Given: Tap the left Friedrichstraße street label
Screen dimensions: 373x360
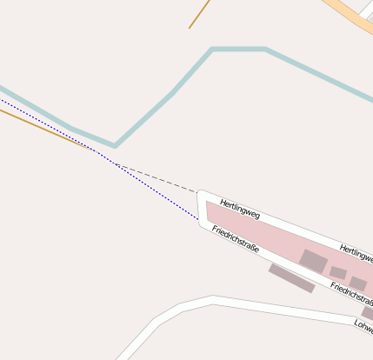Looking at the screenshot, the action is [235, 238].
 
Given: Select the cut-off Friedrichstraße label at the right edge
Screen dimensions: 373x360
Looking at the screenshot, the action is [350, 291].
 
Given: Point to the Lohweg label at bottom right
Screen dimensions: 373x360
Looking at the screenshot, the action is [363, 325].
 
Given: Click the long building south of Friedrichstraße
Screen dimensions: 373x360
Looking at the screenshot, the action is [291, 278].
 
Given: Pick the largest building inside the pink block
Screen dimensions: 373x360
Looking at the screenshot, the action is [313, 261].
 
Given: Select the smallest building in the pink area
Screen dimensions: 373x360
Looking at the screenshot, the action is [338, 273].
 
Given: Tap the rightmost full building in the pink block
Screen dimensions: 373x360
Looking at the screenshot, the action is [358, 283].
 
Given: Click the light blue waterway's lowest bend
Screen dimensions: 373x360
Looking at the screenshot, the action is [114, 145].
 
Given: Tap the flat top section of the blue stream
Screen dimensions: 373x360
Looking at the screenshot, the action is [238, 50].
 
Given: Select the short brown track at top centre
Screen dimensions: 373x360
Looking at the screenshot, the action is [200, 13].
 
